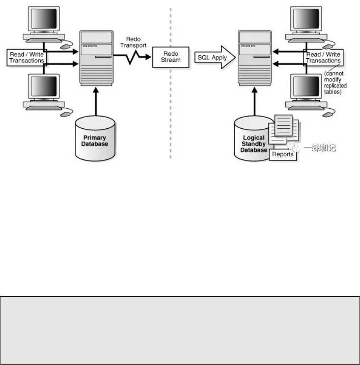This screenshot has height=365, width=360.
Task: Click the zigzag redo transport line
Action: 130,57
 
